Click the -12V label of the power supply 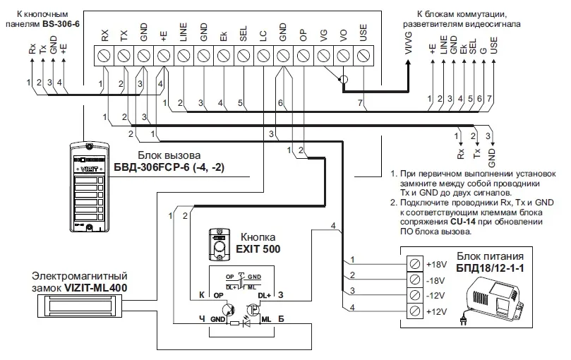click(x=435, y=294)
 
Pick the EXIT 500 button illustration click(x=221, y=243)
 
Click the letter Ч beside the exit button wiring click(x=202, y=318)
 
